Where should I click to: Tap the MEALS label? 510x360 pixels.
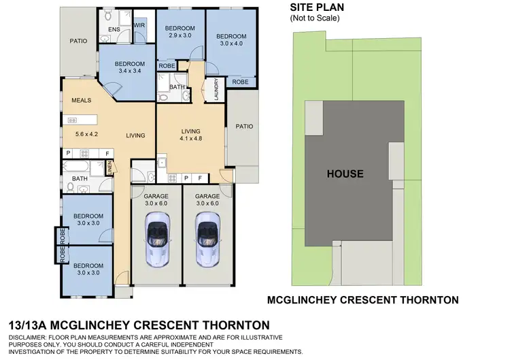pyautogui.click(x=82, y=101)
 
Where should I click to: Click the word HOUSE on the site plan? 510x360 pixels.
pyautogui.click(x=345, y=174)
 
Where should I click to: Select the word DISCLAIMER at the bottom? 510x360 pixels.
pyautogui.click(x=32, y=338)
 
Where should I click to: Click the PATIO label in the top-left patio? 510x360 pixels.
pyautogui.click(x=79, y=41)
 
